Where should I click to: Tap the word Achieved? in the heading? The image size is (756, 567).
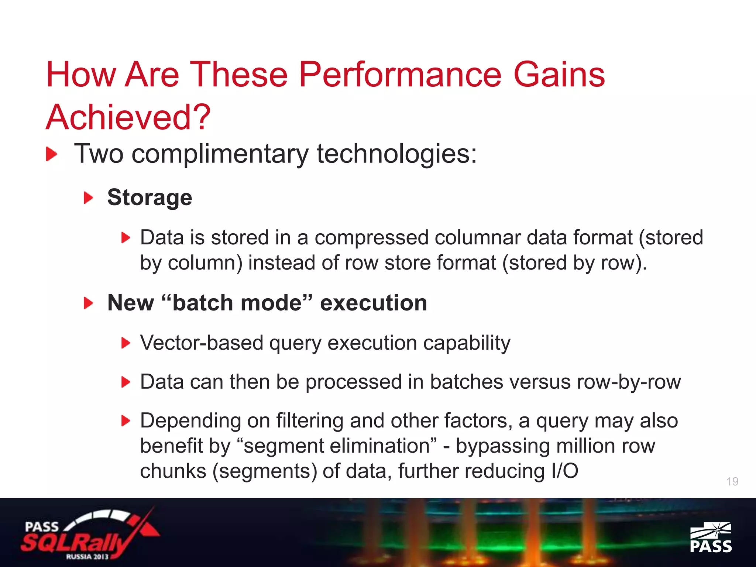pyautogui.click(x=128, y=117)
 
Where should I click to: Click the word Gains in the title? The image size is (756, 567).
pyautogui.click(x=559, y=75)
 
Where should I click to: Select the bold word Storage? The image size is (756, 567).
pyautogui.click(x=150, y=197)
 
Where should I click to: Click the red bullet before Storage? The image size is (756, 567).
pyautogui.click(x=88, y=198)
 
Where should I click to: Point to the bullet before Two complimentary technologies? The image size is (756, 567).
pyautogui.click(x=52, y=154)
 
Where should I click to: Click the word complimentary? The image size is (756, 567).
pyautogui.click(x=220, y=154)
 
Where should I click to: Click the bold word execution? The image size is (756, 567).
pyautogui.click(x=373, y=303)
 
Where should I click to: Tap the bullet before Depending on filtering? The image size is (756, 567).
pyautogui.click(x=126, y=421)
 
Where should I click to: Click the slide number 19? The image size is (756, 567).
pyautogui.click(x=732, y=481)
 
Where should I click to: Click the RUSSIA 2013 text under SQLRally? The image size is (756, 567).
pyautogui.click(x=87, y=556)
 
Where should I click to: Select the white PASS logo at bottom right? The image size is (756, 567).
pyautogui.click(x=711, y=537)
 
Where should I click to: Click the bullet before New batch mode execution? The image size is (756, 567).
pyautogui.click(x=88, y=303)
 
